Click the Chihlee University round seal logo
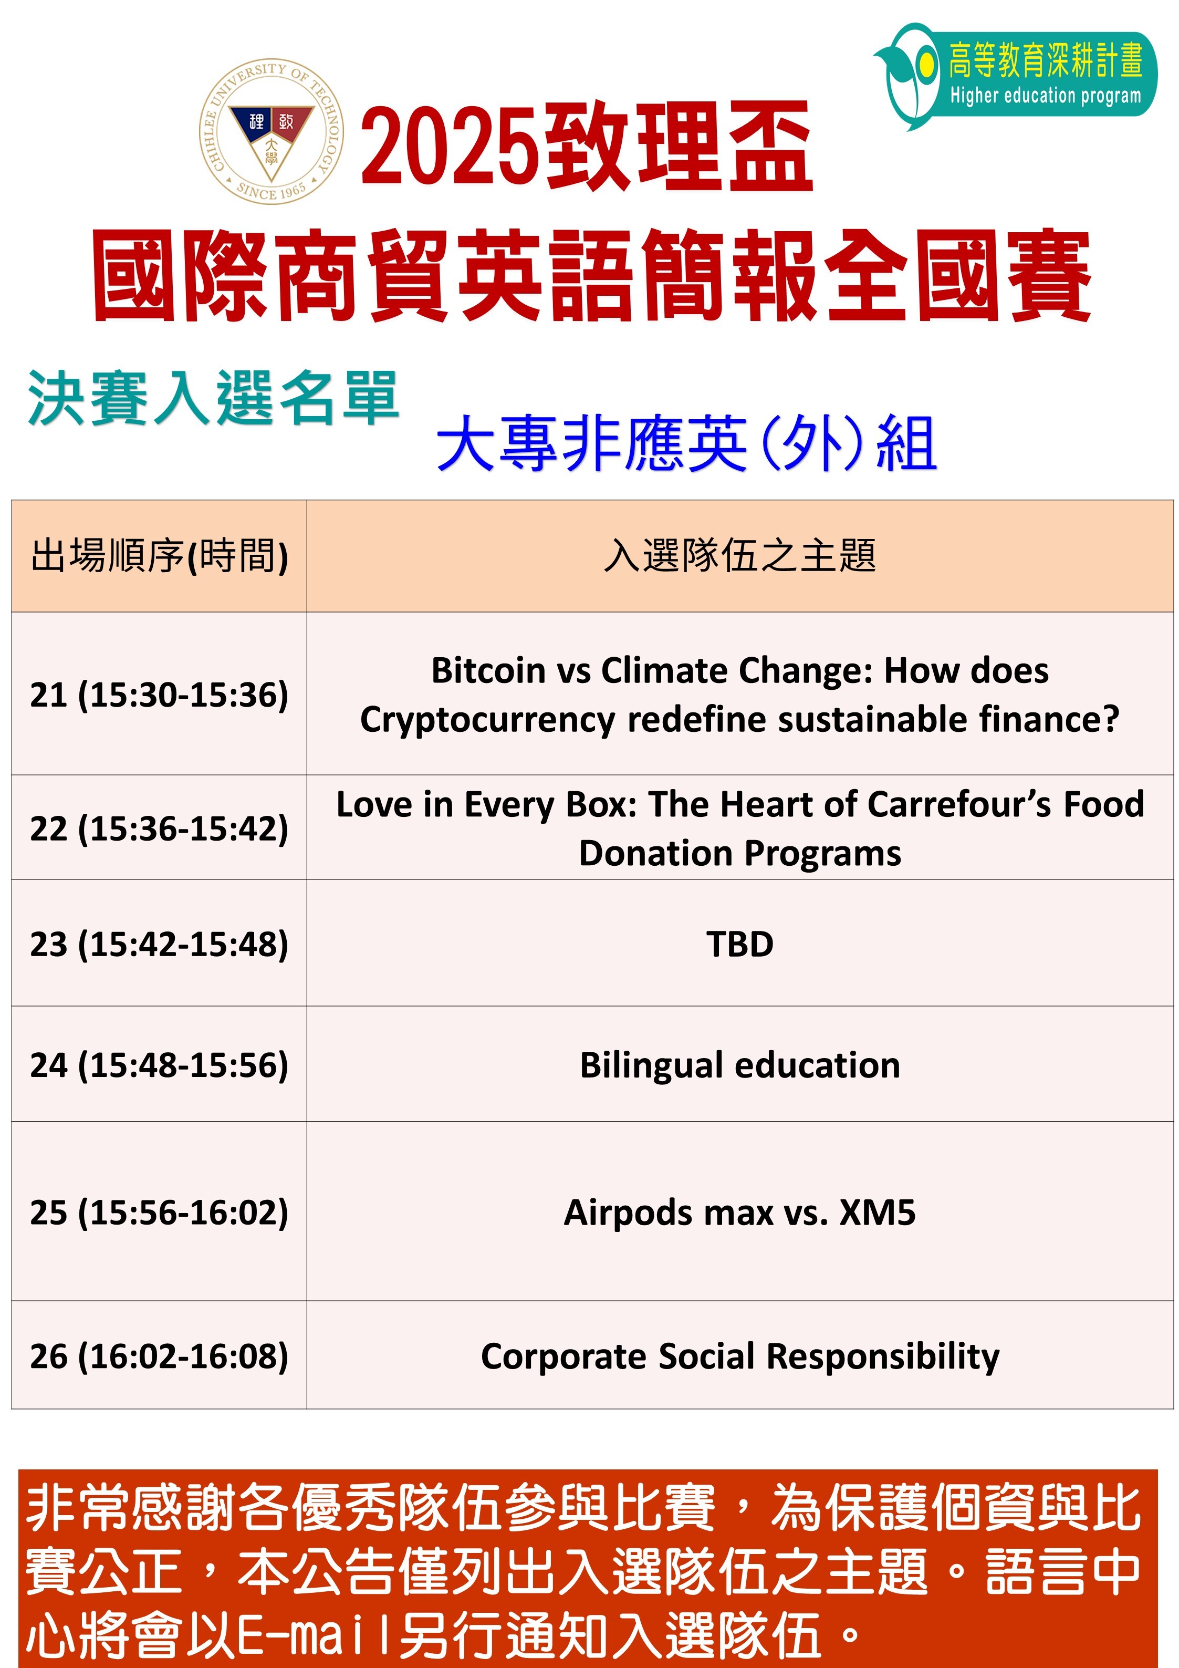click(271, 131)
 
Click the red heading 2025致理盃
click(586, 148)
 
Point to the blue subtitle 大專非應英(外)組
click(686, 443)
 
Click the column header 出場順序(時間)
click(159, 556)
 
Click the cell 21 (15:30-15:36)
click(159, 695)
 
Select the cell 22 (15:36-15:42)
click(159, 828)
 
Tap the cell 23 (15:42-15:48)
click(159, 944)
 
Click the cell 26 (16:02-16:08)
click(159, 1355)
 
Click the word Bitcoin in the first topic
click(488, 670)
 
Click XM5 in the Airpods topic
click(878, 1213)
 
